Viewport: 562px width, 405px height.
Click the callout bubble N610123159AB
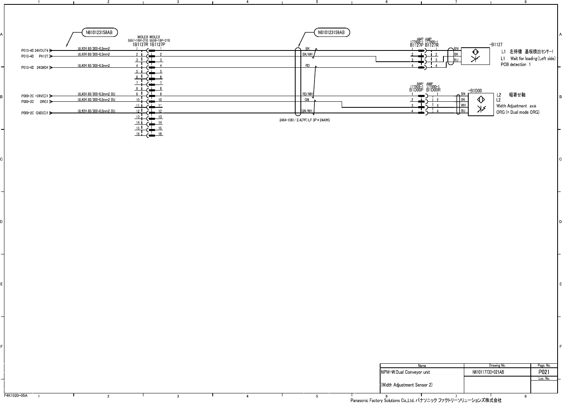(331, 32)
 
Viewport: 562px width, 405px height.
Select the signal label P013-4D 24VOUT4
(35, 50)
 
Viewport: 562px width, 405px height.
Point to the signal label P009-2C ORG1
(35, 102)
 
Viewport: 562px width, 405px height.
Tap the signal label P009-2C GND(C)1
(35, 113)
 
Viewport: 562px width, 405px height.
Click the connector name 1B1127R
(140, 45)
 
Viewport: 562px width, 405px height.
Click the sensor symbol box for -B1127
(475, 56)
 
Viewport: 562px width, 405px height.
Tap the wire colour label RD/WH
(308, 94)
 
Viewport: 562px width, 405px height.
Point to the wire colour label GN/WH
(307, 111)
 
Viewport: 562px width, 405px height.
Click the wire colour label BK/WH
(307, 54)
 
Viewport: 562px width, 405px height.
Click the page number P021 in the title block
(544, 372)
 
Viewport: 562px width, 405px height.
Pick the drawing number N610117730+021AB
(488, 372)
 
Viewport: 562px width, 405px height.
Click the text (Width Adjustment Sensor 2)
(406, 385)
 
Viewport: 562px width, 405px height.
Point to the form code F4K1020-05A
(16, 395)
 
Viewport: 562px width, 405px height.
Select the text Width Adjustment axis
(516, 106)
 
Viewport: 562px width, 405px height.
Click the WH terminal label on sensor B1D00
(463, 105)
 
